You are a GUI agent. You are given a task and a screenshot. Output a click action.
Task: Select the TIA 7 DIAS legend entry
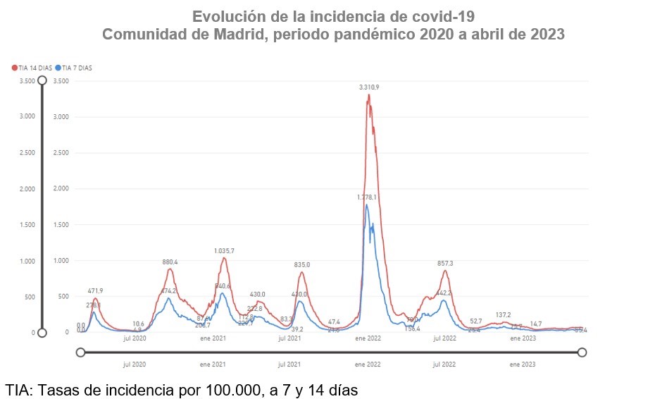point(75,68)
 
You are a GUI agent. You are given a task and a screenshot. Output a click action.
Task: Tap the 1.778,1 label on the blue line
point(366,197)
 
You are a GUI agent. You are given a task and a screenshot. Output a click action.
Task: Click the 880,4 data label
point(170,262)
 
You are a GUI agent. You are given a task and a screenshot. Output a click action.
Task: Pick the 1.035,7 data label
point(224,251)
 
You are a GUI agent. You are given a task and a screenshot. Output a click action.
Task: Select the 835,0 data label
point(301,264)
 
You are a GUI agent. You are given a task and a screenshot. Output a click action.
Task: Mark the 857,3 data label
point(445,263)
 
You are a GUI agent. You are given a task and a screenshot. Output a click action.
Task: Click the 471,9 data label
point(95,290)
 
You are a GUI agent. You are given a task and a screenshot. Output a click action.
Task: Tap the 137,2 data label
point(503,314)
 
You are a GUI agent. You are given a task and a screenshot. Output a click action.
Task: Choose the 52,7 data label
point(475,321)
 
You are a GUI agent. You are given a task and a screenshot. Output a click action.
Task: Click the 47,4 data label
point(334,321)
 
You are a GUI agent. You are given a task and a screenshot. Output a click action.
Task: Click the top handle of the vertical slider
point(42,80)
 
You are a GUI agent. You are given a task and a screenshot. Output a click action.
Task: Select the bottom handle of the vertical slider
point(42,333)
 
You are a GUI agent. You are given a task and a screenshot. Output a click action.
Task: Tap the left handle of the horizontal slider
point(80,352)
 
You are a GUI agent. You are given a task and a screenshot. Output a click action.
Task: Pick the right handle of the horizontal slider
point(582,352)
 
